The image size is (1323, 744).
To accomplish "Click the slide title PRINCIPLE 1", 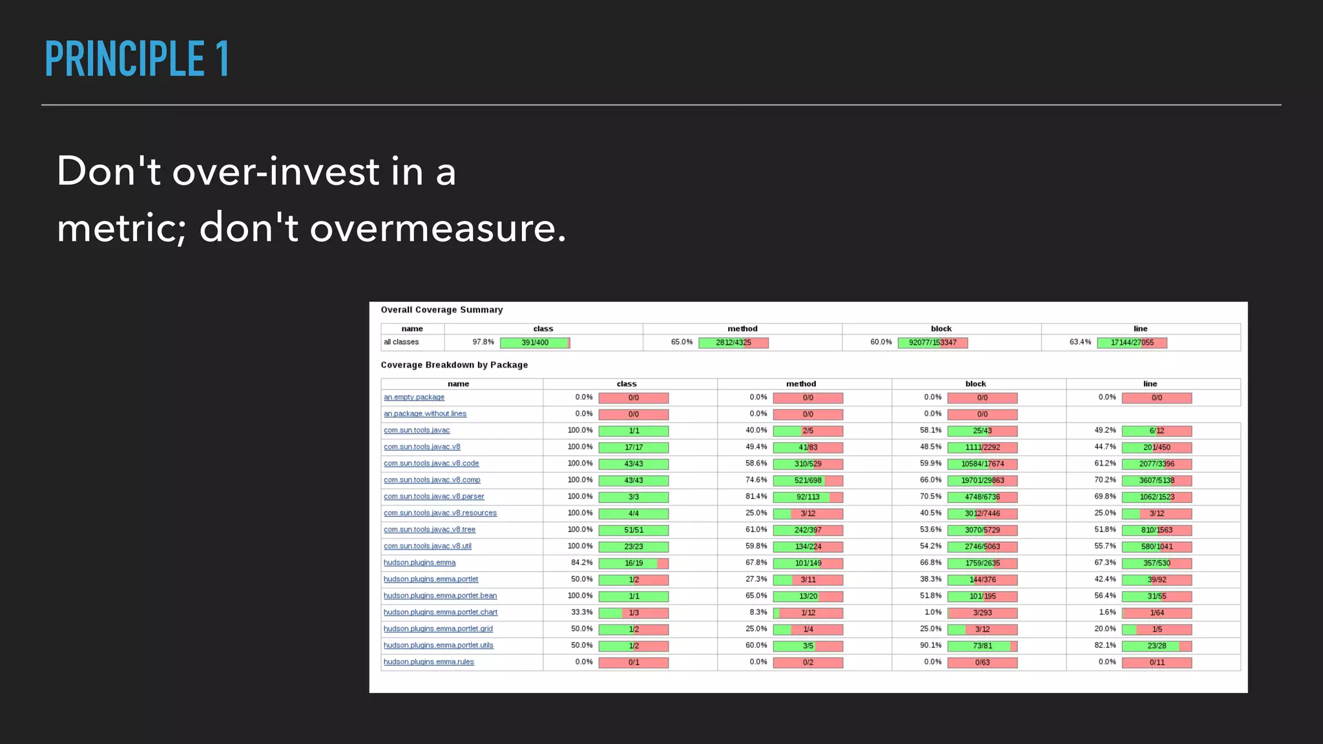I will [137, 59].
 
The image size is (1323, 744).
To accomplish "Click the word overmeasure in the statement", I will [437, 228].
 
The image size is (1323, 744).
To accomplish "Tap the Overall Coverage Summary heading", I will [441, 310].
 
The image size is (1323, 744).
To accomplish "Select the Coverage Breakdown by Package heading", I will [454, 365].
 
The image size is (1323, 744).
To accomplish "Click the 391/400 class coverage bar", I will [535, 343].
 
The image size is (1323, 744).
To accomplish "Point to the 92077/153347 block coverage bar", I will [932, 343].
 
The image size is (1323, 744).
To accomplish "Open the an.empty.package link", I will [414, 397].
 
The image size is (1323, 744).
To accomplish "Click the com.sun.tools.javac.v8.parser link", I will [433, 497].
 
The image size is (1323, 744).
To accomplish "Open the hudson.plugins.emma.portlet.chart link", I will [441, 612].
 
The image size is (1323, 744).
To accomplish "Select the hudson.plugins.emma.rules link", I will [429, 662].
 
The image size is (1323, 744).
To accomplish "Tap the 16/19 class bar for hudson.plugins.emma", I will [634, 563].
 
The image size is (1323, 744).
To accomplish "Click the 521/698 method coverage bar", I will [807, 480].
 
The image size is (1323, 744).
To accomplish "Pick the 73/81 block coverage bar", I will [982, 646].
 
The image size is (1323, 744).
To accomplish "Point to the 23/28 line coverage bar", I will [1156, 646].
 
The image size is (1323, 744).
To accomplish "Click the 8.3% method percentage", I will [758, 612].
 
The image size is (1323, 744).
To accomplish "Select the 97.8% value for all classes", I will [483, 342].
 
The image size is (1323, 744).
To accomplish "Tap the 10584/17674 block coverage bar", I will [982, 464].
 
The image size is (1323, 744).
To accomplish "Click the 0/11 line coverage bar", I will [1156, 663].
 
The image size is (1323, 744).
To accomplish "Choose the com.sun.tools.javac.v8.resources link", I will [440, 513].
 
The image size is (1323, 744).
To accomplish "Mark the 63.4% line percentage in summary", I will [1080, 342].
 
